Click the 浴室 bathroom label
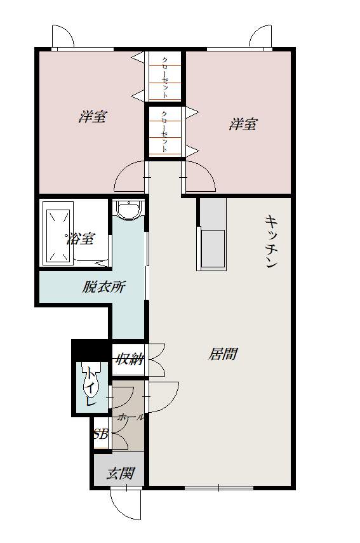coord(80,239)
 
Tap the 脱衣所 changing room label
coord(103,286)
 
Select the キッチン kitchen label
coord(271,241)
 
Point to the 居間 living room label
coord(223,354)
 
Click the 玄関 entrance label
coord(120,473)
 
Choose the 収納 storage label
coord(130,359)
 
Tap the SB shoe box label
coord(101,434)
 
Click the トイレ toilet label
coord(91,387)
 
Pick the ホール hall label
coord(131,417)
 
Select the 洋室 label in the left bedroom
coord(92,116)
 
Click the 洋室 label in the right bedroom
coord(243,124)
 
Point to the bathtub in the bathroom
coord(58,234)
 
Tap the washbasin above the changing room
coord(129,210)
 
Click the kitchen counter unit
coord(212,234)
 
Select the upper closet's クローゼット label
coord(165,77)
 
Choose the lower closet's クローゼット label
coord(165,131)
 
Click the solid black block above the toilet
coord(91,350)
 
